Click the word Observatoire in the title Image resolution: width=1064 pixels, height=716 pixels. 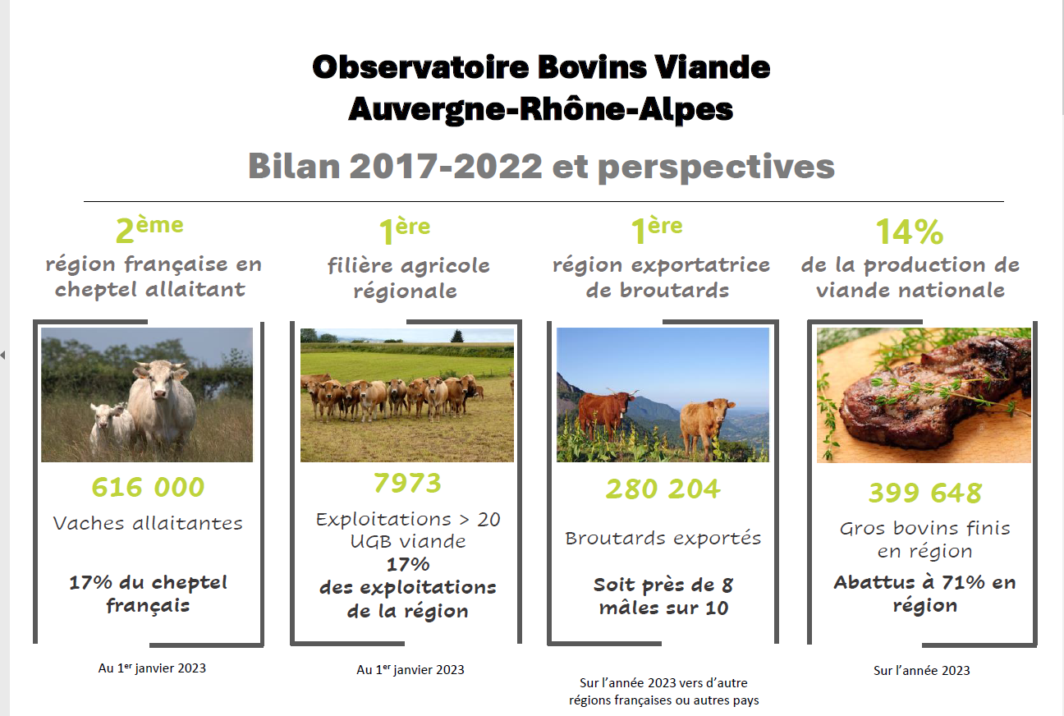coord(420,67)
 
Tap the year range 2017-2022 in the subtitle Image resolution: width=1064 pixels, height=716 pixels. coord(446,167)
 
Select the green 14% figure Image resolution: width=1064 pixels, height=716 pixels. coord(910,232)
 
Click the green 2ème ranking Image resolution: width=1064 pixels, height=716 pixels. coord(149,230)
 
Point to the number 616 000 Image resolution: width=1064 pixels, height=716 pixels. coord(148,487)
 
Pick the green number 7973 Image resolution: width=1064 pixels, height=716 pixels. coord(407,483)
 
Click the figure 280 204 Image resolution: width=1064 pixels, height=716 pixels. coord(663,489)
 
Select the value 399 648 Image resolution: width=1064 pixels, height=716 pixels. coord(925,492)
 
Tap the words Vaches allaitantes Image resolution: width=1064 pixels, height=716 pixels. coord(148,523)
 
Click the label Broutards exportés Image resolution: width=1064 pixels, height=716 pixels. coord(663,538)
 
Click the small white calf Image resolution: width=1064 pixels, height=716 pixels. coord(111,427)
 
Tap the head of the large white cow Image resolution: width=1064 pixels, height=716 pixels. coord(158,379)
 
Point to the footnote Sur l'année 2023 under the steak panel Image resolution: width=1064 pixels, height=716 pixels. coord(921,670)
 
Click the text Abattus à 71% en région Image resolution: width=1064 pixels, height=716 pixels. coord(924,594)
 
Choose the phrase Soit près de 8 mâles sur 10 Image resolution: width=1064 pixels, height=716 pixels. coord(663,596)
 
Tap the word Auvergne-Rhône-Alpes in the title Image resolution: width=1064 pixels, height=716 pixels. coord(540,110)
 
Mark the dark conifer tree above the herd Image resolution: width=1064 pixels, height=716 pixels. coord(457,336)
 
